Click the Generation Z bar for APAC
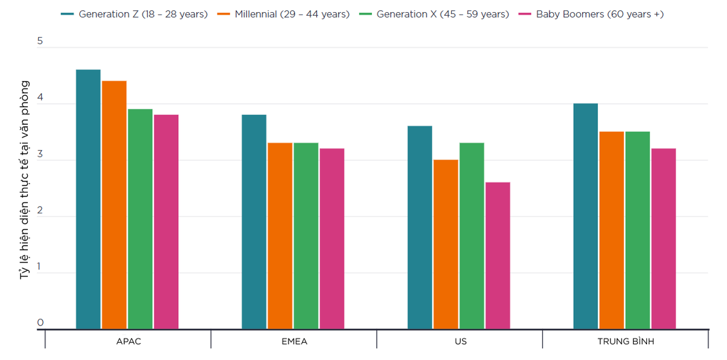click(x=88, y=199)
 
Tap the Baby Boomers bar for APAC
click(x=166, y=222)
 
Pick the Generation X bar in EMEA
click(x=306, y=236)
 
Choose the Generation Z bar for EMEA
click(x=254, y=222)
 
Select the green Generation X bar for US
click(x=471, y=236)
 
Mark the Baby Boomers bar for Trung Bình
click(x=663, y=239)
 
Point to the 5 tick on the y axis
click(x=40, y=41)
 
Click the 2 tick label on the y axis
click(x=40, y=210)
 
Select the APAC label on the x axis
click(x=128, y=342)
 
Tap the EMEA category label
click(x=294, y=342)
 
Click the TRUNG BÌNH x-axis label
click(x=625, y=342)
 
